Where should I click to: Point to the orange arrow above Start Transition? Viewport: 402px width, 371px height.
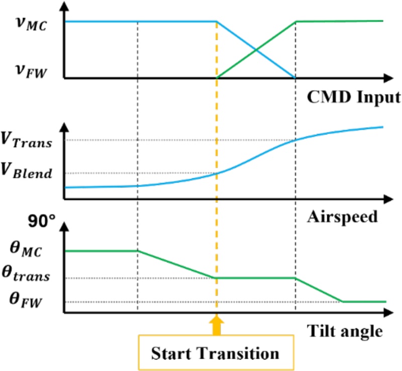click(217, 324)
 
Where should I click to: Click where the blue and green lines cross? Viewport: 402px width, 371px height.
click(256, 50)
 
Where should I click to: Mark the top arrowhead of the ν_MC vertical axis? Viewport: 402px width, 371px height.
click(64, 6)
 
